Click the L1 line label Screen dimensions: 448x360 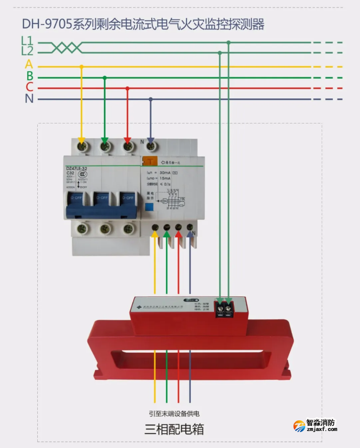27,40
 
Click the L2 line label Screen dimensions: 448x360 27,51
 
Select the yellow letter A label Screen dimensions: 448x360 29,65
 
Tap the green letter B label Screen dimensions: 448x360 30,77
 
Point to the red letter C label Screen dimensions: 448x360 29,87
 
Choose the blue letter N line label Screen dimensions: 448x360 29,98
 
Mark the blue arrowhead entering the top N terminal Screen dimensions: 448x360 151,138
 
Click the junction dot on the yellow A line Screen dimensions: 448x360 81,67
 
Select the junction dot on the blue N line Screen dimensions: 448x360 151,99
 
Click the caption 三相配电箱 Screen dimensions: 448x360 174,429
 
